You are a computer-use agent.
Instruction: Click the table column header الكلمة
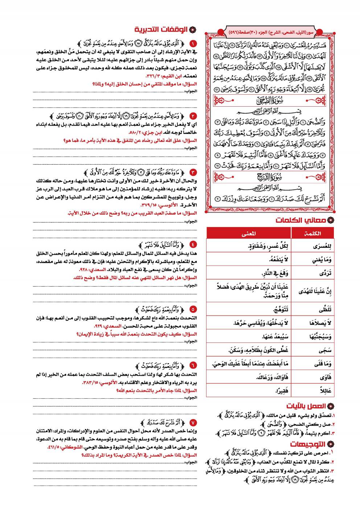pos(314,233)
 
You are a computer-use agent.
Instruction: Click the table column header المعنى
pos(248,233)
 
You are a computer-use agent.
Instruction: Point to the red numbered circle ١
pos(193,43)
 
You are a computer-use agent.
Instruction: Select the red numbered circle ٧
pos(193,423)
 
